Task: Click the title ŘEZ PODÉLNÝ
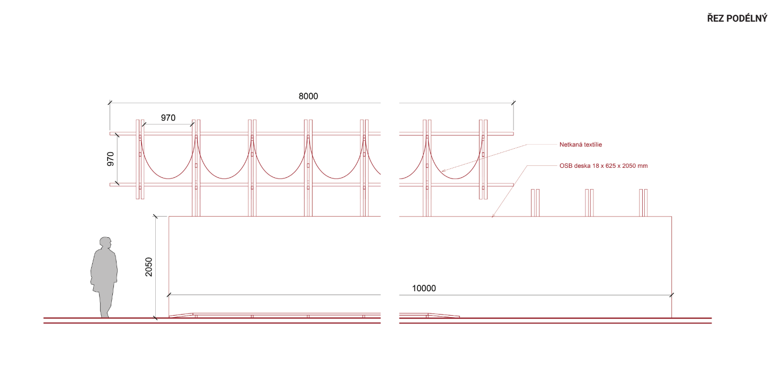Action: point(736,18)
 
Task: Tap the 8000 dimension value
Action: point(308,96)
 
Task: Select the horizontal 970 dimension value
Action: point(168,118)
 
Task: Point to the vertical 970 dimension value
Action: point(111,159)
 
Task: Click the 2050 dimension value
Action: point(149,267)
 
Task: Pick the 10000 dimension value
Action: point(424,288)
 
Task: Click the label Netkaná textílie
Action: point(581,145)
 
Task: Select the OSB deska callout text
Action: point(603,166)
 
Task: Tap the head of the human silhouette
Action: point(105,243)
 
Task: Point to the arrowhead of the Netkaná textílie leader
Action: point(443,171)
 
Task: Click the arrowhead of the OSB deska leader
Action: point(493,216)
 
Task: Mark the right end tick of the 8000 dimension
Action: point(513,103)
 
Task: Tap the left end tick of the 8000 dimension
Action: point(110,103)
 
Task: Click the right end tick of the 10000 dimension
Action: point(671,295)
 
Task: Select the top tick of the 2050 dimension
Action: point(155,217)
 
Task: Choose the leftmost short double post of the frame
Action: point(140,159)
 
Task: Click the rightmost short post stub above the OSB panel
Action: point(643,203)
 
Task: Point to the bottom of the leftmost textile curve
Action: point(168,179)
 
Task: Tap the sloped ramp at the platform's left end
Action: point(181,315)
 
